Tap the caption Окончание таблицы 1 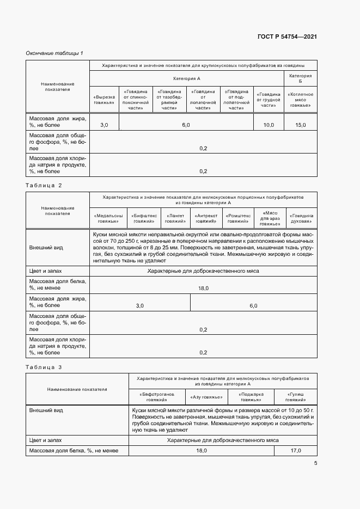[54, 53]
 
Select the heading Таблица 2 [44, 185]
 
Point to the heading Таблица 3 [44, 367]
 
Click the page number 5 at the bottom [315, 463]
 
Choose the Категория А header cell [187, 79]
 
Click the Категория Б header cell [300, 79]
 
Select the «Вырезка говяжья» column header [103, 99]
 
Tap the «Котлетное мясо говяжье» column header [300, 99]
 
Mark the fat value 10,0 [269, 125]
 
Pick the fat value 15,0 [300, 125]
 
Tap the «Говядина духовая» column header [301, 218]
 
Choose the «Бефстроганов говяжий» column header [157, 396]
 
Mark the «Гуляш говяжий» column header [296, 396]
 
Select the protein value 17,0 [296, 451]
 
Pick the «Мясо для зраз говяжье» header [270, 218]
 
